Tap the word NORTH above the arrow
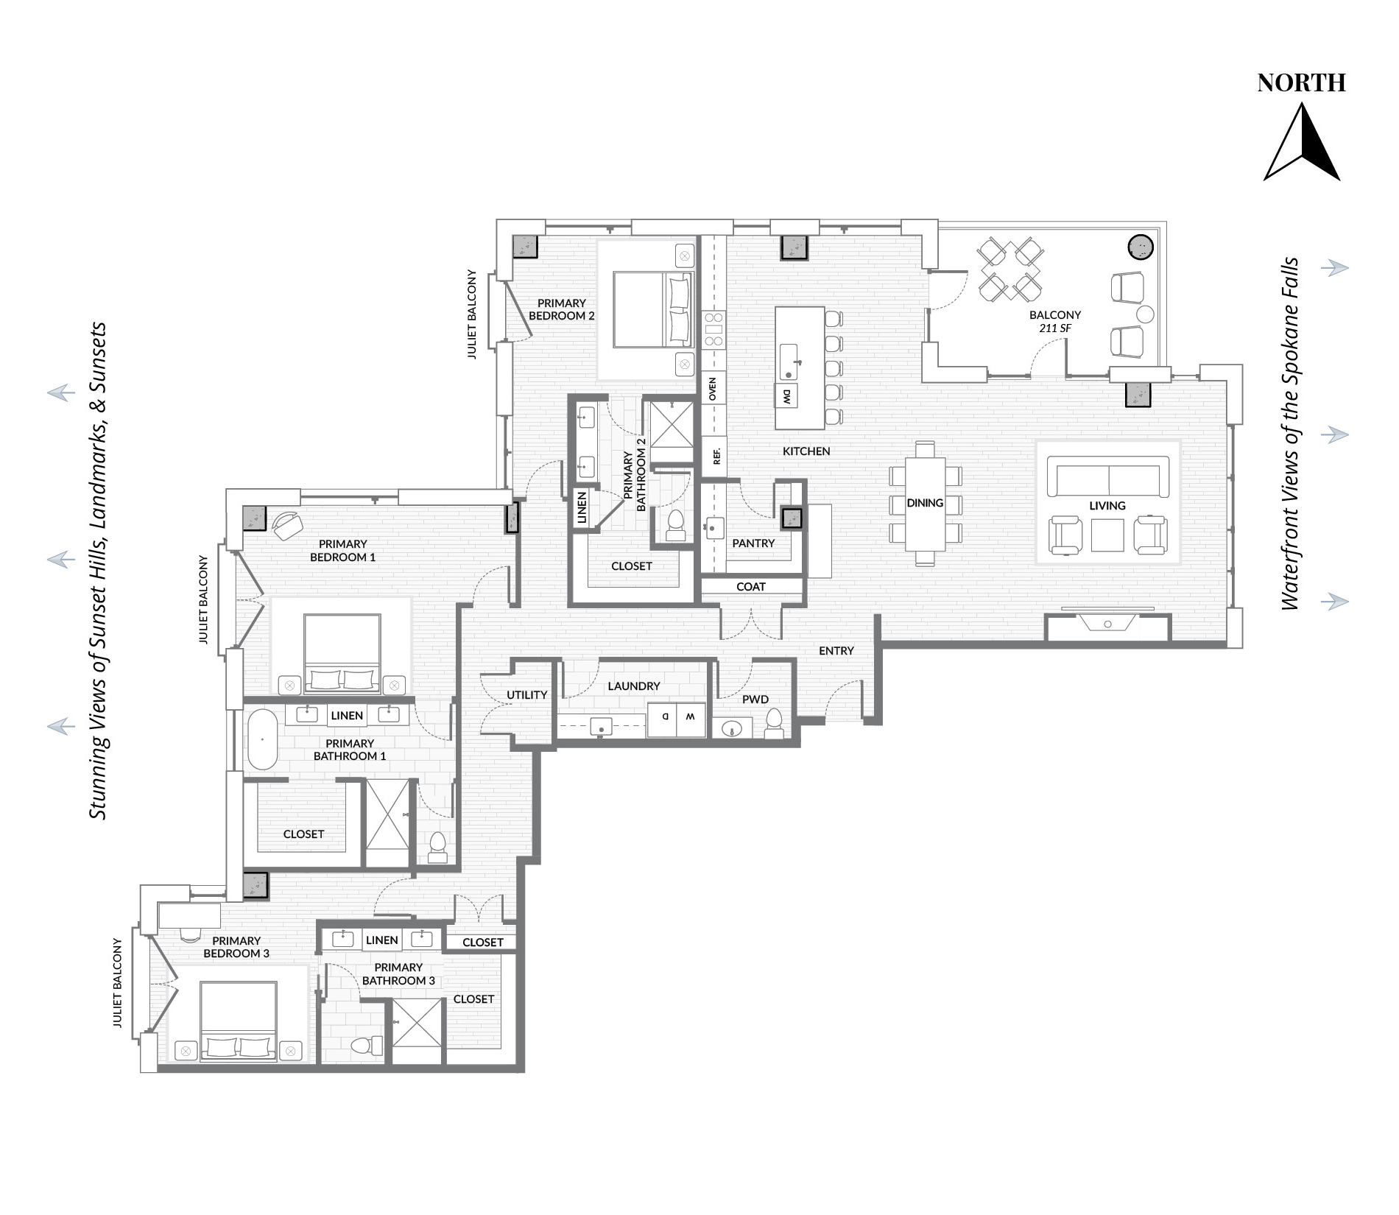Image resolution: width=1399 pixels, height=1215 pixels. click(x=1302, y=83)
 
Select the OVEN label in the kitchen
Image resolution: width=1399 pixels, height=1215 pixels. click(x=712, y=389)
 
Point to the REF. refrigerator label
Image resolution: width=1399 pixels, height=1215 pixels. click(x=716, y=455)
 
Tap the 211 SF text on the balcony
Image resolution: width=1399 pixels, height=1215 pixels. click(x=1055, y=328)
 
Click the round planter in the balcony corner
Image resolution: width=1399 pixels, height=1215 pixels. click(x=1141, y=247)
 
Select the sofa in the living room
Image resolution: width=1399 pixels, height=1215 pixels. click(x=1108, y=476)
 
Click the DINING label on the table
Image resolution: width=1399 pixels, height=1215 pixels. click(x=925, y=503)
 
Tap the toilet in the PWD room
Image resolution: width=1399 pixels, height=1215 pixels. click(x=774, y=723)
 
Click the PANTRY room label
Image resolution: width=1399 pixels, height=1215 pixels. click(x=753, y=543)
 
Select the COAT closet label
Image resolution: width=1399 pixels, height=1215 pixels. click(x=751, y=587)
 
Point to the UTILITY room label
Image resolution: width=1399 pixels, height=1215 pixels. click(x=527, y=695)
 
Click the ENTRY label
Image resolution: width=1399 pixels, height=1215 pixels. click(x=836, y=651)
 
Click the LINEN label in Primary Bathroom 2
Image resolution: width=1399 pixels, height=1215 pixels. click(x=582, y=508)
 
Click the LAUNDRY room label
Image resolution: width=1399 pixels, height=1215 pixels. click(x=634, y=686)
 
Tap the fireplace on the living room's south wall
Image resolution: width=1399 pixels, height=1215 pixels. click(x=1108, y=625)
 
